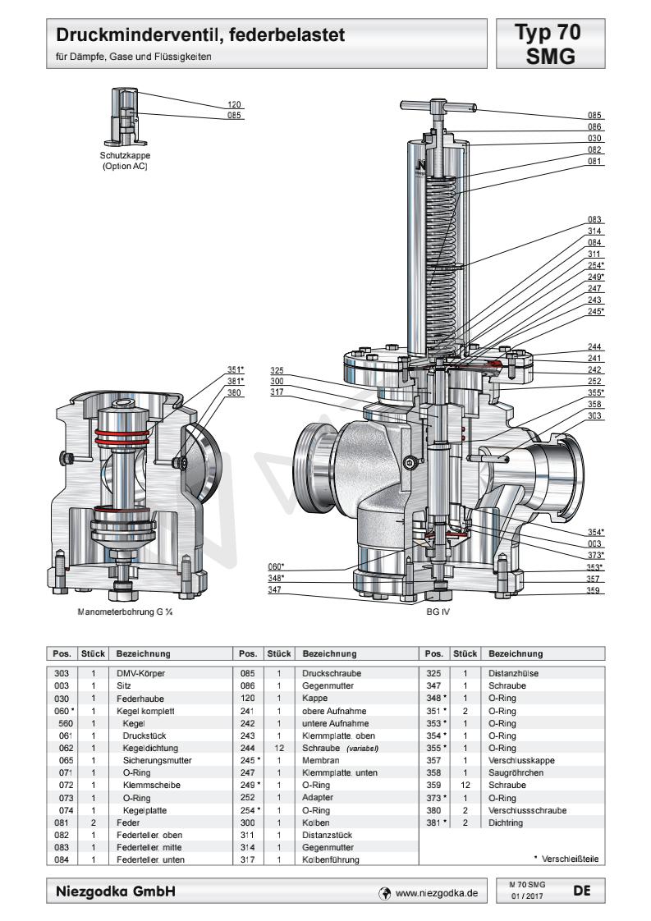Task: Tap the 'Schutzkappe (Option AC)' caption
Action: [126, 160]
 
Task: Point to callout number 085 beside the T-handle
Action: [595, 115]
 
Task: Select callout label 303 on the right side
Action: [595, 416]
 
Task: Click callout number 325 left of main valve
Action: [277, 370]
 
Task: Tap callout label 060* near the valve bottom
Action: [277, 566]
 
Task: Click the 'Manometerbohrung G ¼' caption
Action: [122, 612]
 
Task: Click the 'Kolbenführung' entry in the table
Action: [331, 859]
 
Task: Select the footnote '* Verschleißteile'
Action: [566, 859]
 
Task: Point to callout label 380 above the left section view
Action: [236, 392]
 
